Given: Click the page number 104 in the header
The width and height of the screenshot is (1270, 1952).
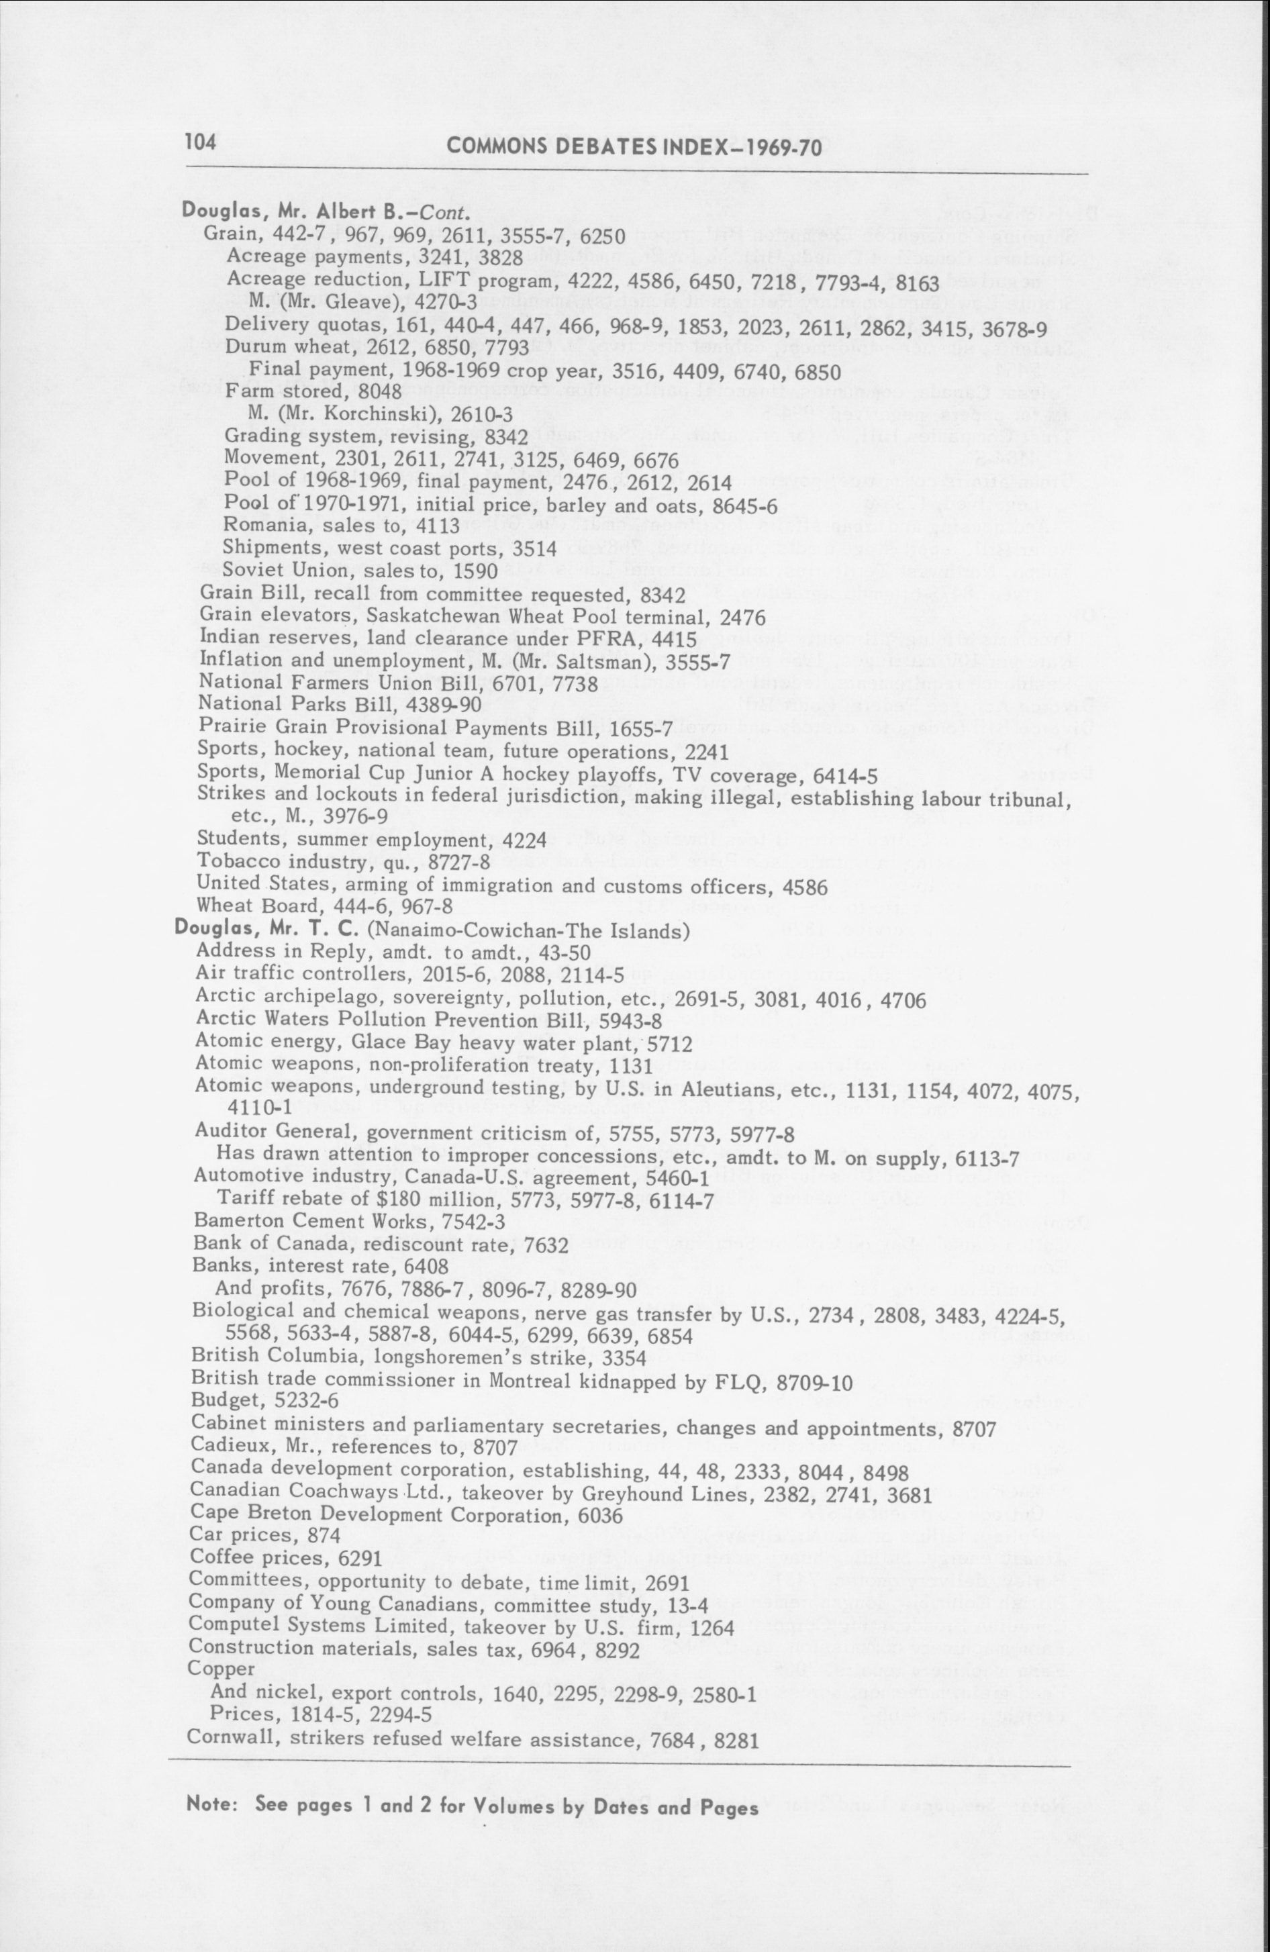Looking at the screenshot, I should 201,142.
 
